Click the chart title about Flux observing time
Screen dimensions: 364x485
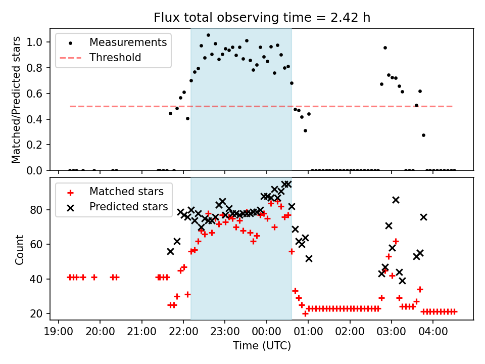coord(262,18)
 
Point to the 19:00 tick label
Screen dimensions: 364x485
coord(59,332)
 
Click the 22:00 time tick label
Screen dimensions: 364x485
coord(183,332)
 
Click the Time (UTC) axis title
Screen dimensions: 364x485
coord(262,346)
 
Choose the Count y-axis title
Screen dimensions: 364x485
coord(20,249)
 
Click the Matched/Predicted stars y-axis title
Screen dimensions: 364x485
coord(16,100)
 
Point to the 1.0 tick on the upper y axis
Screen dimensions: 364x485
coord(38,42)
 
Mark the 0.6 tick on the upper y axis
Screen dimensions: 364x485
coord(38,94)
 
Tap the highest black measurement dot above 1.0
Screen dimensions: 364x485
coord(208,35)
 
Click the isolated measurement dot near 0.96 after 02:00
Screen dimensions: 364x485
coord(385,48)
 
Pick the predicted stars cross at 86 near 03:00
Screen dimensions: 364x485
coord(396,200)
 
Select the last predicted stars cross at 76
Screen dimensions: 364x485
coord(423,217)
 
